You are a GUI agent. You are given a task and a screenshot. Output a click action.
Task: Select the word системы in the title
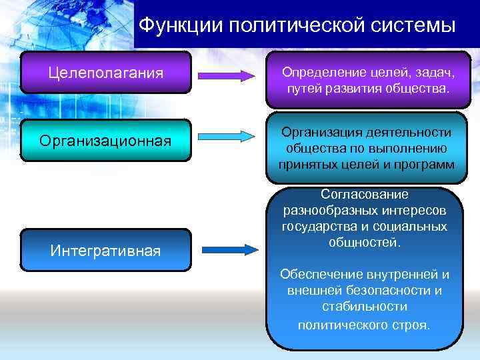[414, 26]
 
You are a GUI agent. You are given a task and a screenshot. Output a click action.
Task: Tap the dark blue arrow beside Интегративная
[230, 250]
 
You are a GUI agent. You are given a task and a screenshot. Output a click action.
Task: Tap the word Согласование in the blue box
[364, 195]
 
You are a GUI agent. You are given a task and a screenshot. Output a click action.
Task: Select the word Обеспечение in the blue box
[321, 275]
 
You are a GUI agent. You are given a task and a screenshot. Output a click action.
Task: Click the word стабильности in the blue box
[364, 307]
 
